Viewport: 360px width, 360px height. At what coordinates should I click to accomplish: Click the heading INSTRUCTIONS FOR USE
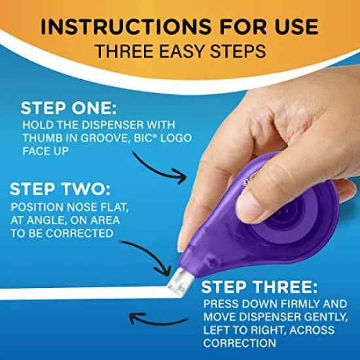point(180,27)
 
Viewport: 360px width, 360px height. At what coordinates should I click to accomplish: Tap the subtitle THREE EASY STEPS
point(180,52)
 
